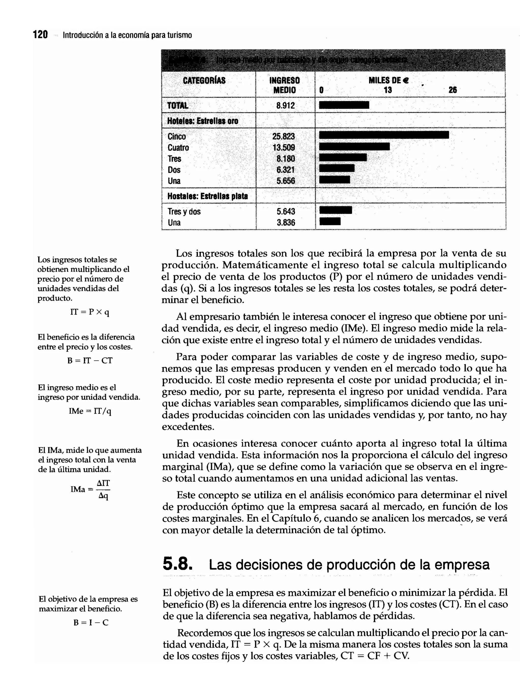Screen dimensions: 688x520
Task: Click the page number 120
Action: (x=40, y=35)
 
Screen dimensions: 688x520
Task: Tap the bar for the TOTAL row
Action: (x=344, y=105)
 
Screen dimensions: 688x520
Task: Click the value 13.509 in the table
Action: (x=284, y=148)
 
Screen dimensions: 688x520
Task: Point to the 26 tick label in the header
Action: (x=452, y=90)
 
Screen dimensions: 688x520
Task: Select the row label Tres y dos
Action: (x=184, y=211)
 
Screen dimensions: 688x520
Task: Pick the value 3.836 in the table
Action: (x=285, y=223)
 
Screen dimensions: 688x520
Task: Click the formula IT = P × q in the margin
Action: (x=90, y=312)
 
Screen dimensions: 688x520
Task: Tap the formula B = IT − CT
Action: (x=90, y=361)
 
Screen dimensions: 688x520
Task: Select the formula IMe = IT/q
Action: (x=90, y=411)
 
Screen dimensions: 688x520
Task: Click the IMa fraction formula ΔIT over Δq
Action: (x=90, y=489)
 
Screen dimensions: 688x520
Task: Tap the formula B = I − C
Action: (x=91, y=622)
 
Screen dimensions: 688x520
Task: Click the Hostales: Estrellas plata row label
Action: (x=207, y=196)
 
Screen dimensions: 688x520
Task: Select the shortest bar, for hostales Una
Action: (x=330, y=221)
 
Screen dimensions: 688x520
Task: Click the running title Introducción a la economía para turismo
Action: (x=127, y=35)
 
